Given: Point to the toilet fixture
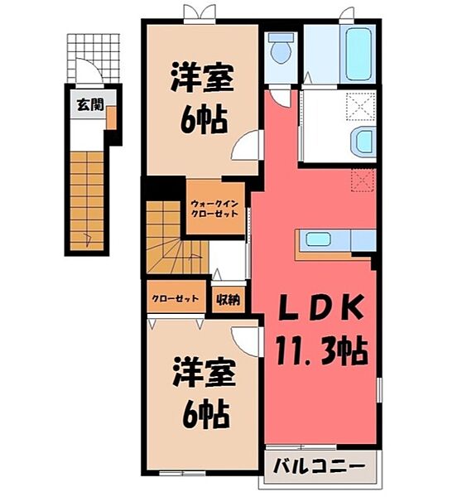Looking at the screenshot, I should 282,49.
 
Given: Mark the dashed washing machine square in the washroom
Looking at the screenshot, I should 362,107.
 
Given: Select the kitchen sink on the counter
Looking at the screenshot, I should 318,240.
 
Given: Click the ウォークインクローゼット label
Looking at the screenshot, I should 214,208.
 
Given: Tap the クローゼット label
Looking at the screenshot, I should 175,299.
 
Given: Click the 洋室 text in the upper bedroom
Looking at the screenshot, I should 202,81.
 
